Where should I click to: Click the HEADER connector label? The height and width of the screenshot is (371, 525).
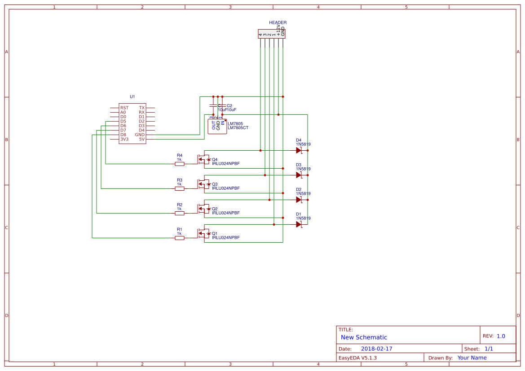click(x=278, y=22)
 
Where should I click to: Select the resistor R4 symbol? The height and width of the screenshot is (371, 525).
click(x=179, y=164)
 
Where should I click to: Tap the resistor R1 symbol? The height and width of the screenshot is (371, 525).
click(x=179, y=238)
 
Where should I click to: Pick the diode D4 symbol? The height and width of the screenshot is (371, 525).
click(x=299, y=150)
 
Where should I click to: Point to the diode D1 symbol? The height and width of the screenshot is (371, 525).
click(x=299, y=224)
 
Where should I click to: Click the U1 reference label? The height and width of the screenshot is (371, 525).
click(x=132, y=96)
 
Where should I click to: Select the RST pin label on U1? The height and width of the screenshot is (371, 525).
click(x=124, y=108)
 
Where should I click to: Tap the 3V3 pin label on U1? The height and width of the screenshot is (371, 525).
click(x=124, y=139)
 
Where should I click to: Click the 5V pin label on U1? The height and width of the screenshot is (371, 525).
click(x=142, y=139)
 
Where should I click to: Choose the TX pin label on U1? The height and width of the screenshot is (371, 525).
click(x=142, y=108)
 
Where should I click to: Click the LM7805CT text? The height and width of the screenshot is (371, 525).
click(x=238, y=128)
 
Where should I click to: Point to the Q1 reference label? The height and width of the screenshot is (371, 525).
click(x=215, y=233)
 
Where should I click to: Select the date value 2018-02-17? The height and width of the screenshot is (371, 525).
click(x=376, y=349)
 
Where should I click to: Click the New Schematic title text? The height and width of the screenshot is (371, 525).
click(x=364, y=337)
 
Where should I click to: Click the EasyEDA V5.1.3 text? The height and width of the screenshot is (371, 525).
click(x=357, y=358)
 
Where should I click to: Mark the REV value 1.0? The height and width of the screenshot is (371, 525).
click(x=501, y=336)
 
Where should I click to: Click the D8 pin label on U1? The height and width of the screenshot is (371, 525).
click(x=123, y=135)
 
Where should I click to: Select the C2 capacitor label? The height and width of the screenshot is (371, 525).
click(x=229, y=105)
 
